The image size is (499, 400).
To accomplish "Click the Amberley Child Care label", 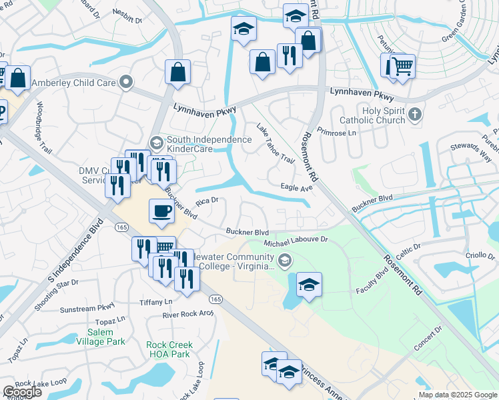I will click(x=71, y=83).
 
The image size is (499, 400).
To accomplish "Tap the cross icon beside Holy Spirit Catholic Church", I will click(x=415, y=114).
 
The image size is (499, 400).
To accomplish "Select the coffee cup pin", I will click(x=161, y=212).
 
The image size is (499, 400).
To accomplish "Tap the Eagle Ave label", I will click(x=297, y=189).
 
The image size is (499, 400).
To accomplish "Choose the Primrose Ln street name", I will click(x=338, y=133).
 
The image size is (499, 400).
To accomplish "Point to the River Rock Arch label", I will click(x=187, y=314).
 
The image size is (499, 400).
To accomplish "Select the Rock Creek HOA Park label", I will click(x=169, y=350).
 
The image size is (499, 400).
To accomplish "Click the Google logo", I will click(x=22, y=392).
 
